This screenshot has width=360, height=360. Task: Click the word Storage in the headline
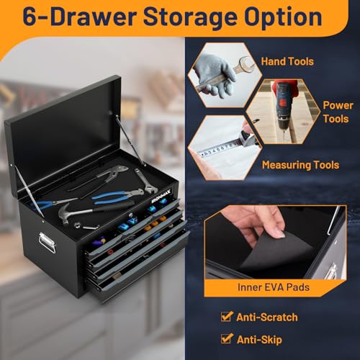coord(190,18)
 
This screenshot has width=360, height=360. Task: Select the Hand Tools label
coord(287,61)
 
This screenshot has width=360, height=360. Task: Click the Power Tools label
coord(338,112)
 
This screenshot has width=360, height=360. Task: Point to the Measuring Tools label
coord(300,165)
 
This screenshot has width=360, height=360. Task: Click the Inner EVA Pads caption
coord(274,287)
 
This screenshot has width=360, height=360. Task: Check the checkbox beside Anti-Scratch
coord(226,316)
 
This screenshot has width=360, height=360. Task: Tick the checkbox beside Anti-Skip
coord(226,338)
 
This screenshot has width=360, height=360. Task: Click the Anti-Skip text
coord(259,340)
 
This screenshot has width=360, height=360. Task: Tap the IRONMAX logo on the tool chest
coord(161,197)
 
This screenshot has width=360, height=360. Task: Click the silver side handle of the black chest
coord(47,243)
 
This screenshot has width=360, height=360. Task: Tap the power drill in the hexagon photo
coord(283,107)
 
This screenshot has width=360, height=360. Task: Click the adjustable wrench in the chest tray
coord(145,181)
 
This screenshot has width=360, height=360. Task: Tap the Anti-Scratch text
coord(267,318)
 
